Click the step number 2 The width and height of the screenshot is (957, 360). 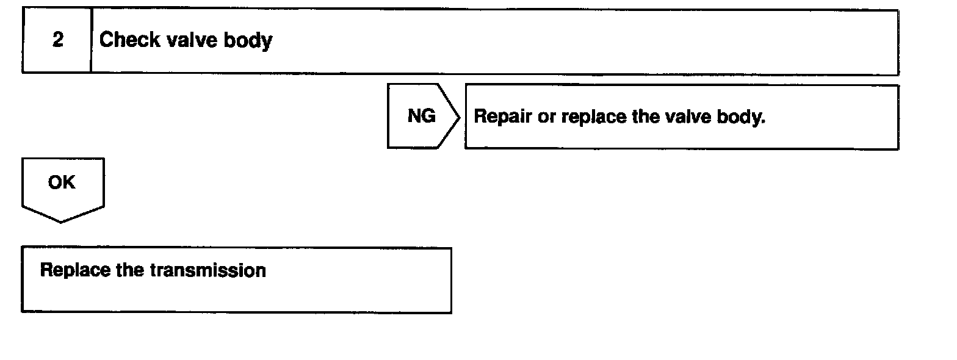(x=57, y=41)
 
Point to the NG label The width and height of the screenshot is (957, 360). (x=421, y=116)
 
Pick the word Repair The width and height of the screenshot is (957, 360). (x=501, y=117)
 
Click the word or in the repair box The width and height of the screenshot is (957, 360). (x=546, y=117)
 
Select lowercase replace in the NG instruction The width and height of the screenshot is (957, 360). (x=594, y=117)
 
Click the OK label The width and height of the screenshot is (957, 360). (x=62, y=182)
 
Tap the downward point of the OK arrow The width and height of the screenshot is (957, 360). (x=61, y=221)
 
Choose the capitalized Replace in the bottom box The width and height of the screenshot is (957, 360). (x=74, y=270)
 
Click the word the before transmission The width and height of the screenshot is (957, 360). (x=129, y=270)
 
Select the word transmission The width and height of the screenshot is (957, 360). (x=208, y=270)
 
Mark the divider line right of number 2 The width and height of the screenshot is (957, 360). (x=91, y=41)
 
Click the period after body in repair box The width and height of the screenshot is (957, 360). (x=763, y=121)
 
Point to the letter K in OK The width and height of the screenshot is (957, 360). (x=69, y=182)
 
